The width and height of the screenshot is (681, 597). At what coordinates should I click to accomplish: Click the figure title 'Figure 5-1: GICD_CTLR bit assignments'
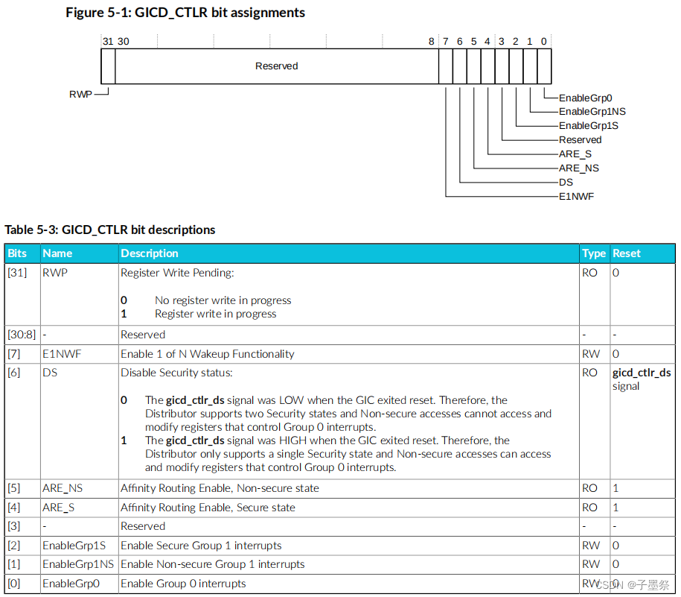[x=185, y=13]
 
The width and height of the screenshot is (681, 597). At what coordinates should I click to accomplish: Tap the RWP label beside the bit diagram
[x=80, y=95]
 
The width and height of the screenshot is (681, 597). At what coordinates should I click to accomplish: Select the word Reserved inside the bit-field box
[x=276, y=66]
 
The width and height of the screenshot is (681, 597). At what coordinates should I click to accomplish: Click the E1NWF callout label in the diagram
[x=576, y=197]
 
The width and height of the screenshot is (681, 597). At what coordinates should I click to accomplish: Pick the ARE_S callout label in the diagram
[x=575, y=154]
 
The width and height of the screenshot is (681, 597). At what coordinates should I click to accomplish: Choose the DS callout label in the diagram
[x=566, y=183]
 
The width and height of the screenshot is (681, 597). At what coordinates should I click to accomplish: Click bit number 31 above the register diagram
[x=108, y=42]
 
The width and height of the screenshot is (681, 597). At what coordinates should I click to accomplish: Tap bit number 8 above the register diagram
[x=431, y=42]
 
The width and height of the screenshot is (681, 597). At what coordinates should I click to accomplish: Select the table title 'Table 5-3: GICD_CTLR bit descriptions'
[x=110, y=230]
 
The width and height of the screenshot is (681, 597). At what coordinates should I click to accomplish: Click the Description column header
[x=150, y=253]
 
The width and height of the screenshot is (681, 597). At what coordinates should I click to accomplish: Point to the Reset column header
[x=627, y=253]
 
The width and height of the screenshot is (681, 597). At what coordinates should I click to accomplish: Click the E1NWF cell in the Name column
[x=58, y=354]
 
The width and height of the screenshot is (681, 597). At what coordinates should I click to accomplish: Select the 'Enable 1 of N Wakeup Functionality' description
[x=207, y=354]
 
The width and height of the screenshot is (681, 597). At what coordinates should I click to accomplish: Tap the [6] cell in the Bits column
[x=14, y=373]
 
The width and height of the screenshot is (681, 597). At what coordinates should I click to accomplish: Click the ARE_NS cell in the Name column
[x=63, y=488]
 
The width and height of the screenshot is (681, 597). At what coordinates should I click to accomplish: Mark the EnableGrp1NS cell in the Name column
[x=78, y=564]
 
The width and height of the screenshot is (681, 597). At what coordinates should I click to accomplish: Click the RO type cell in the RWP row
[x=589, y=273]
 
